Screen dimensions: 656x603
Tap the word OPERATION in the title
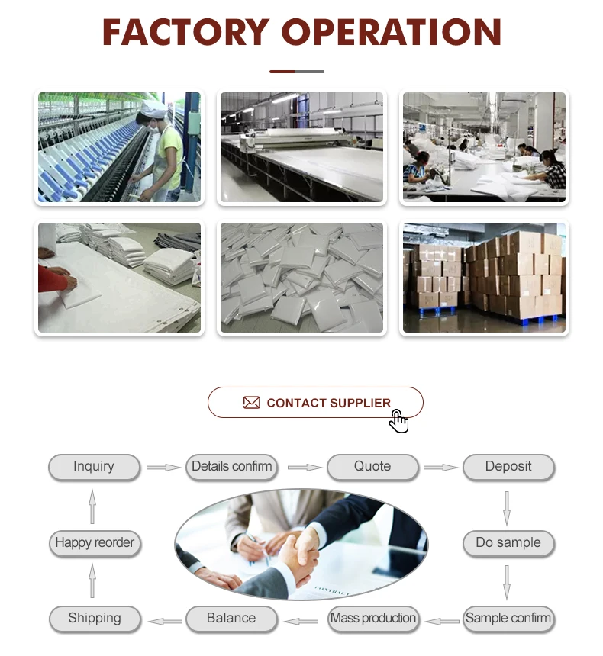coord(392,32)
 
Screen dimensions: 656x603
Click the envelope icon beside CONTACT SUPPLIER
coord(251,403)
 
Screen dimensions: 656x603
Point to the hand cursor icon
coord(398,421)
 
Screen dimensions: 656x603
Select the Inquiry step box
coord(94,467)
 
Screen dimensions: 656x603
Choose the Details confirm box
coord(231,467)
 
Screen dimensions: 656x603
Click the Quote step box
coord(372,467)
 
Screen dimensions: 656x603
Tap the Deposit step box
coord(508,467)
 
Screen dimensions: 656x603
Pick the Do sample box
coord(508,543)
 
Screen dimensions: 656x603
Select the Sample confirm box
coord(508,619)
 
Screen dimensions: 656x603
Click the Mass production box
coord(373,619)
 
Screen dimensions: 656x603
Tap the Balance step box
coord(231,619)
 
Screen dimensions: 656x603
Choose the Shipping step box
coord(95,619)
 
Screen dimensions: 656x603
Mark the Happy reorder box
coord(95,543)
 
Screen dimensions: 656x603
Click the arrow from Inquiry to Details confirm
coord(163,467)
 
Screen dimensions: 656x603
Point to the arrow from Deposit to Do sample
coord(506,506)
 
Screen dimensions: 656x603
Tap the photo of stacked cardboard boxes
coord(484,278)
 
